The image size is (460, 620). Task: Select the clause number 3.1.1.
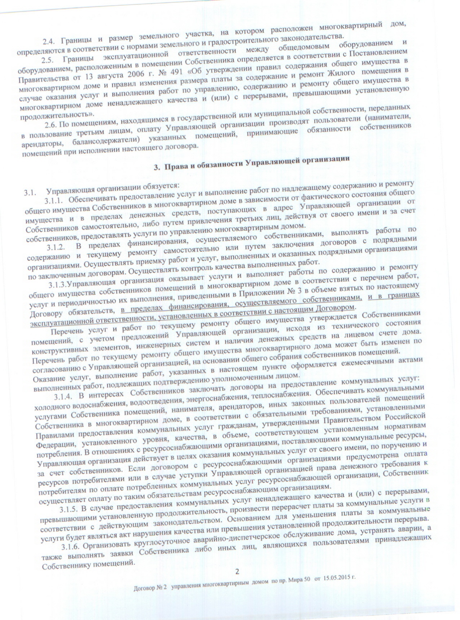(x=54, y=201)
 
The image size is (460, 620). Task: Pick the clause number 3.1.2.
(x=56, y=247)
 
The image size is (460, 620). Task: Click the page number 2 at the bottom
(x=237, y=571)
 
